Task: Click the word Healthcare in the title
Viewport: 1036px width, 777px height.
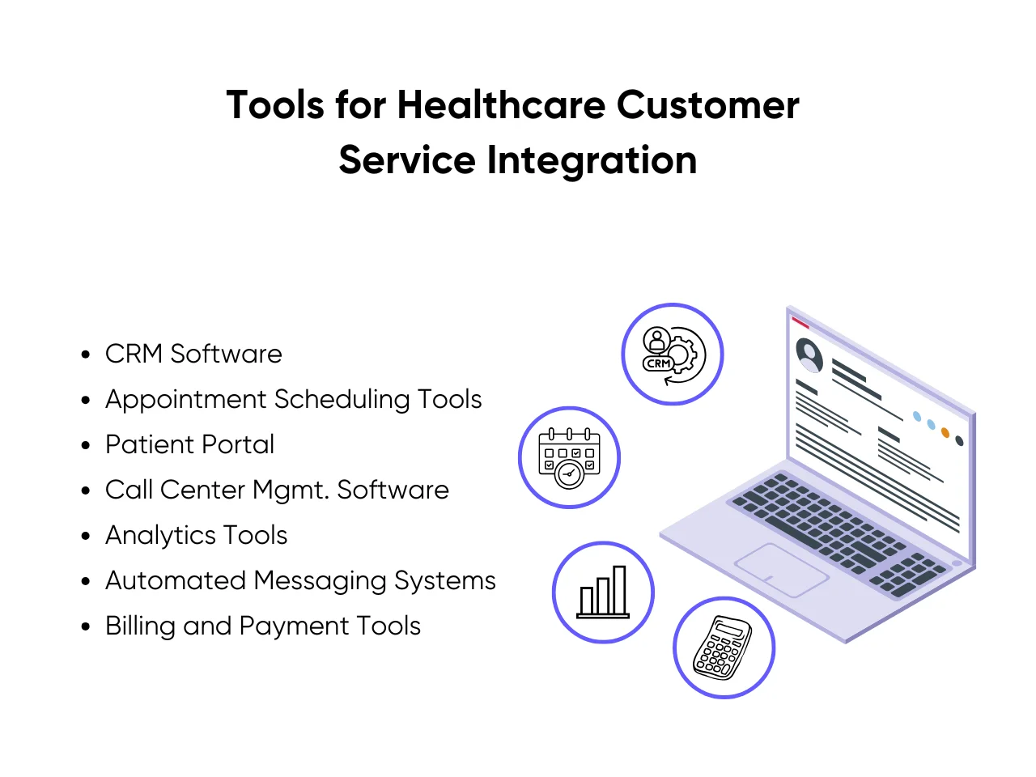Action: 501,105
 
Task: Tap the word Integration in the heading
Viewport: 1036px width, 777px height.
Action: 592,159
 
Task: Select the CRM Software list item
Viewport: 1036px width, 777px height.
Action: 193,354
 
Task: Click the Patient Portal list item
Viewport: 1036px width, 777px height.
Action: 189,444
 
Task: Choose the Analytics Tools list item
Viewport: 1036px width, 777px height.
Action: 196,535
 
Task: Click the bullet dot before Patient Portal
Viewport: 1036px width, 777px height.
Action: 86,445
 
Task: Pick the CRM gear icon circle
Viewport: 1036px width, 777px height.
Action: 672,355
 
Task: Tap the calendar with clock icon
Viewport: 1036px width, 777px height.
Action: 569,457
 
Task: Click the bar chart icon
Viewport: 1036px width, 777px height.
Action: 603,592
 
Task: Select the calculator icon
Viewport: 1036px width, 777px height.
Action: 724,647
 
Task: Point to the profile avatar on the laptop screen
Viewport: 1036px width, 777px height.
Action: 809,354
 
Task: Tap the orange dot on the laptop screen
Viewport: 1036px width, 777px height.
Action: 945,433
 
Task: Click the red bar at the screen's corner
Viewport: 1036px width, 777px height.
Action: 800,323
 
